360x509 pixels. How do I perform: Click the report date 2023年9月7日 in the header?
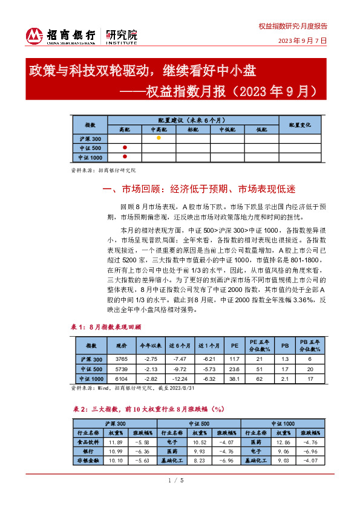pos(302,41)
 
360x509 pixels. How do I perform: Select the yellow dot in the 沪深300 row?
pos(159,138)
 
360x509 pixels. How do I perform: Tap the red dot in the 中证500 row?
pos(125,148)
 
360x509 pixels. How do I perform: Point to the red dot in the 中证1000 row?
pos(125,157)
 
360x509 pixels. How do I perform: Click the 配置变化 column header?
pos(299,125)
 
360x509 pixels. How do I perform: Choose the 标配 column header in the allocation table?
pos(192,129)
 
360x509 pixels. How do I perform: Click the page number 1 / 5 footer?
pos(179,497)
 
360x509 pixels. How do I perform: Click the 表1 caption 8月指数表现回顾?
pos(108,326)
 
